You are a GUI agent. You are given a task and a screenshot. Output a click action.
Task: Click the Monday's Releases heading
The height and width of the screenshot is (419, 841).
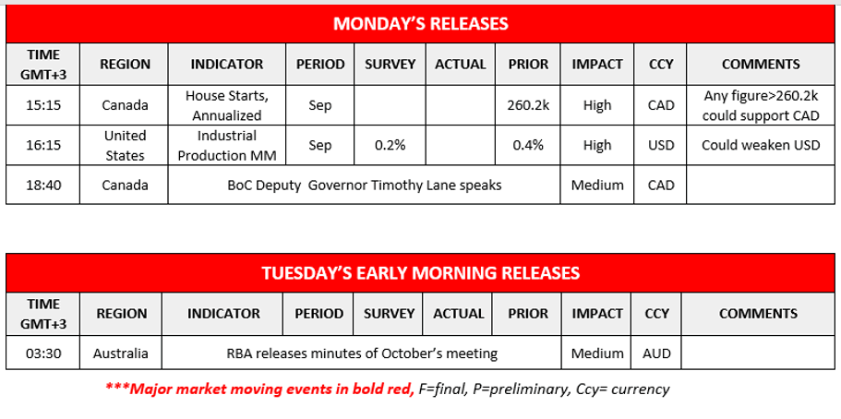(421, 24)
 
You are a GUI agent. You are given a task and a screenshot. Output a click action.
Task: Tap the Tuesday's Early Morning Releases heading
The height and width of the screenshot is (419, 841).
(421, 273)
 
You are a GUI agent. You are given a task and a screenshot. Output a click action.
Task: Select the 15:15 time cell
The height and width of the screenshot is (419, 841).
(42, 105)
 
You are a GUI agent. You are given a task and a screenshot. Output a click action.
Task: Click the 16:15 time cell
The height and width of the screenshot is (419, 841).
(42, 146)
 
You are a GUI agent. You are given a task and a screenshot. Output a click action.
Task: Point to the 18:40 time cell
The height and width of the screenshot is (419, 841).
(42, 186)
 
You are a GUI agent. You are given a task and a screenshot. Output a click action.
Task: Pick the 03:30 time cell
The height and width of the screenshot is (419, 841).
(42, 353)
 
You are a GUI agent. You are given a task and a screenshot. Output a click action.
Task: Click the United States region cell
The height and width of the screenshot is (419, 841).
(125, 146)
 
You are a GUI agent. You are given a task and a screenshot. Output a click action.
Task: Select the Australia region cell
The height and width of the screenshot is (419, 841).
(121, 353)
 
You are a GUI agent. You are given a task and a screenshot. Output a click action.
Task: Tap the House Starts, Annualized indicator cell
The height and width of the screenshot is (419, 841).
(227, 106)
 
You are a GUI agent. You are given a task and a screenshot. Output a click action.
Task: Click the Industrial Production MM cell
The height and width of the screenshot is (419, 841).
(227, 146)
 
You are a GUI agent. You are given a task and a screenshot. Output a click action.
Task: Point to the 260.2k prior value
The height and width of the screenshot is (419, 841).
(528, 105)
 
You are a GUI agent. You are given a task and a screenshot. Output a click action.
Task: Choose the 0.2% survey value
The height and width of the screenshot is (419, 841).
(390, 146)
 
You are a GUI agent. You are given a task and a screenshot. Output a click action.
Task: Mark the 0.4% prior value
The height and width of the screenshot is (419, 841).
(528, 146)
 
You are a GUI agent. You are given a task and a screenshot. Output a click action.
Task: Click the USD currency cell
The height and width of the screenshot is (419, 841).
(661, 146)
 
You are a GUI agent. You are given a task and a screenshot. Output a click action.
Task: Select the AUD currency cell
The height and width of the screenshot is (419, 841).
(656, 353)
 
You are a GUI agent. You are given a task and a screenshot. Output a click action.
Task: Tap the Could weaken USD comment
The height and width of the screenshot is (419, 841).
(761, 146)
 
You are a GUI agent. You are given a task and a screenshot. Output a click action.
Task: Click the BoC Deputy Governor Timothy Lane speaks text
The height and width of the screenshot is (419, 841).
(365, 186)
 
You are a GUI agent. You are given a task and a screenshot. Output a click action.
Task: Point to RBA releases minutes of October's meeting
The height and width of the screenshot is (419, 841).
(362, 353)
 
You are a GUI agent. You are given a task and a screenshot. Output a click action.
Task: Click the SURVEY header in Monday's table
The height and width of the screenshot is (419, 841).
(390, 65)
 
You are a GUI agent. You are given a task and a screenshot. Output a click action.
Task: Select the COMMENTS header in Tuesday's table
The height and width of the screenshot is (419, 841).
(759, 313)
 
